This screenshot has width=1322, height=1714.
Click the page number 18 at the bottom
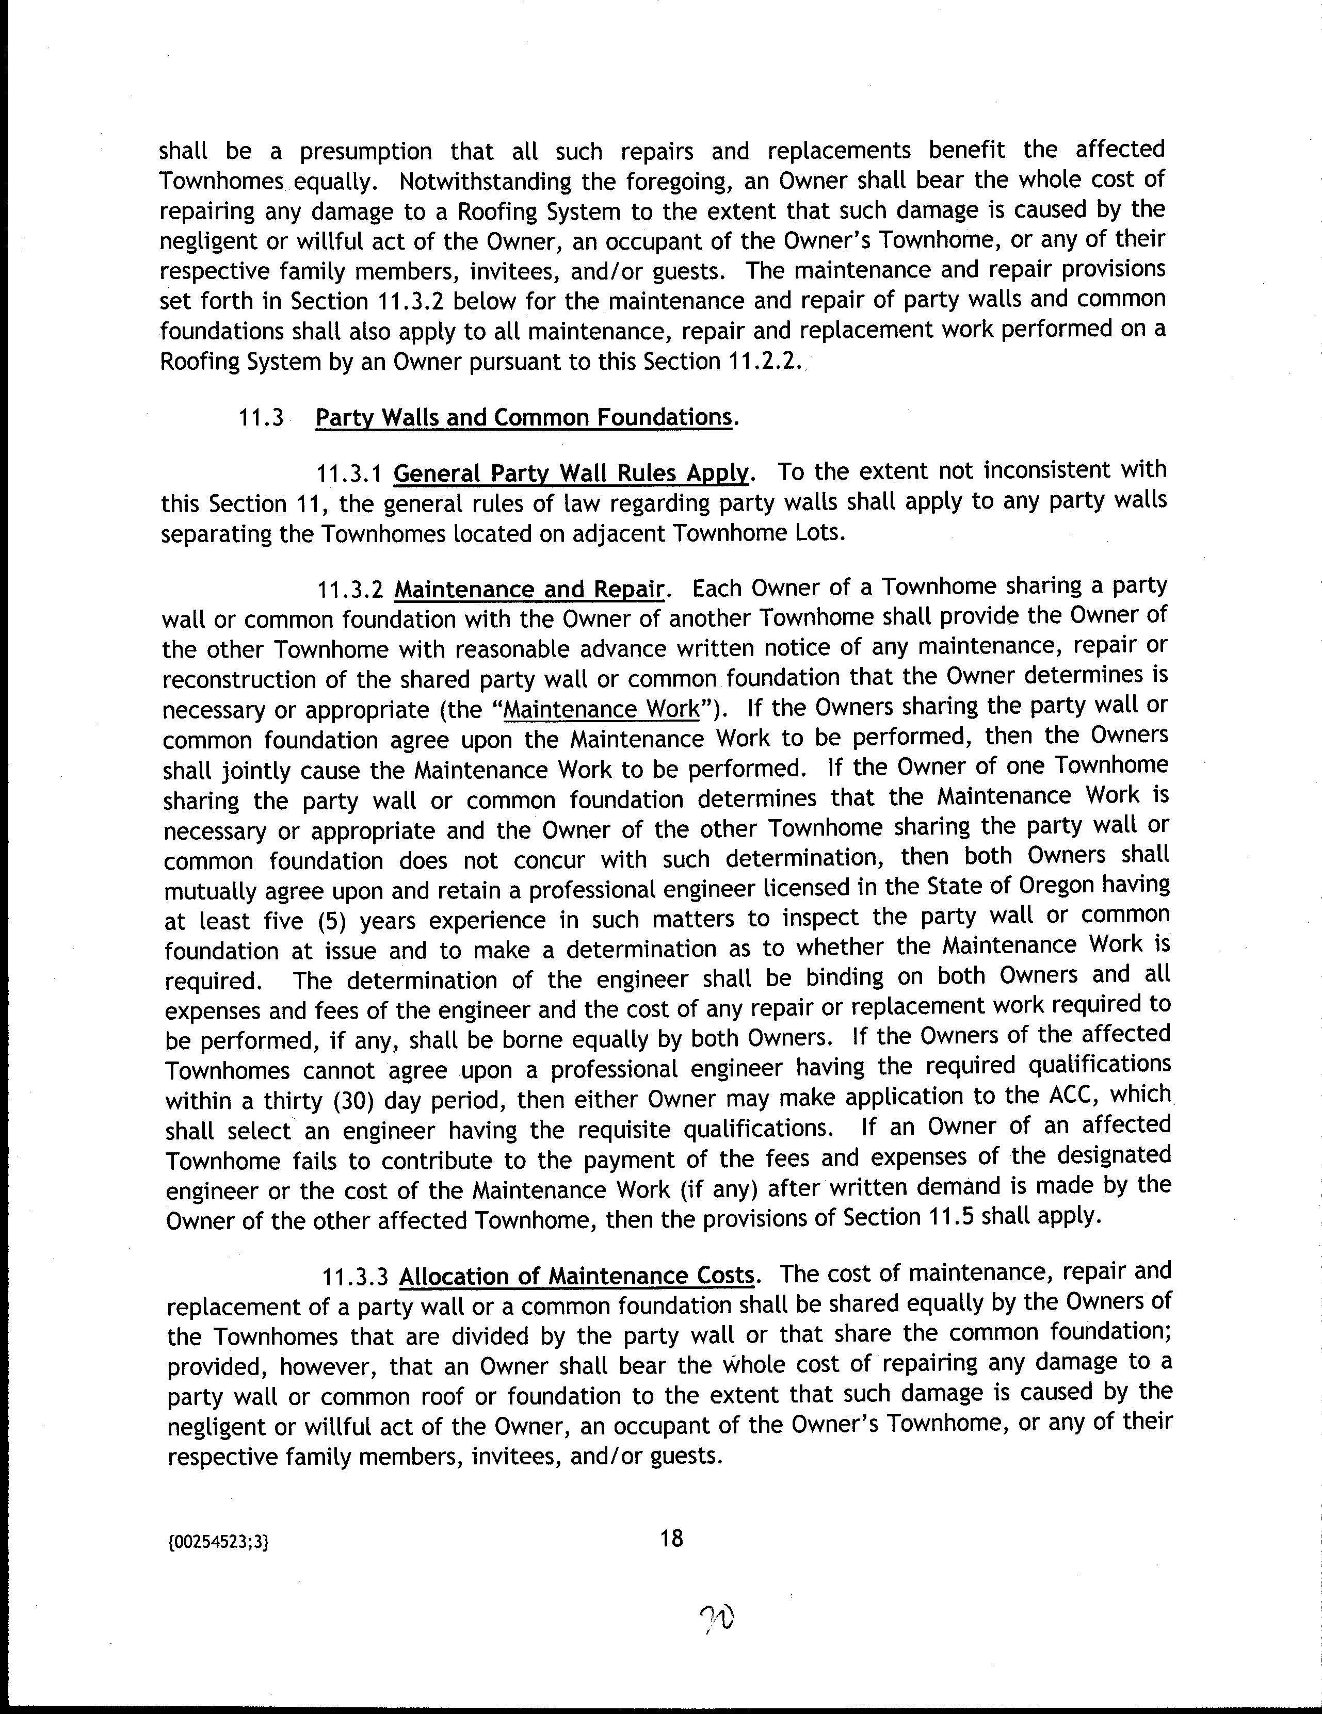[x=672, y=1539]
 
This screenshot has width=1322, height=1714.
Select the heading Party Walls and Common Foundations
[x=524, y=417]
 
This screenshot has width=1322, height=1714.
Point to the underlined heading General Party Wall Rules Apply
[x=571, y=473]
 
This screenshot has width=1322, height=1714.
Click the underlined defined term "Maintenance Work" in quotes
[x=601, y=709]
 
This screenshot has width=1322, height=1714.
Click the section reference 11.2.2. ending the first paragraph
[x=762, y=362]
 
